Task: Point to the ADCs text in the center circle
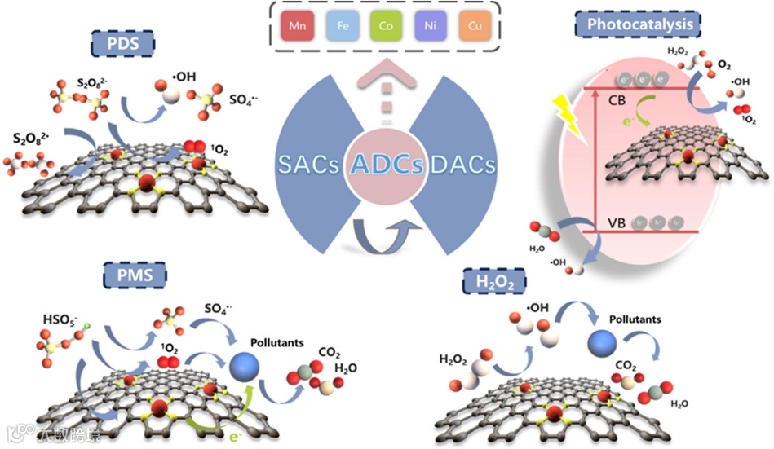tap(387, 165)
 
